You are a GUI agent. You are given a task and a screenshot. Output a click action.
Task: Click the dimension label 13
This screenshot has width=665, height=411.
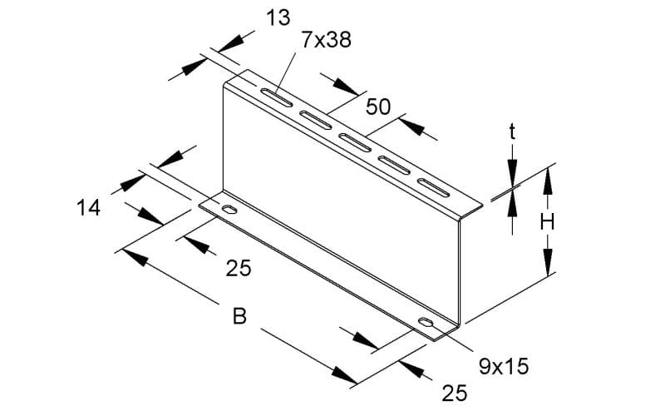pos(278,18)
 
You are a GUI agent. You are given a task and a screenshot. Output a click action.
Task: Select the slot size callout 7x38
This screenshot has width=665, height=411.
pos(327,40)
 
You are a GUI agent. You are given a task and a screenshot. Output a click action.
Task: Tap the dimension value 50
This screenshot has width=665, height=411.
pos(378,106)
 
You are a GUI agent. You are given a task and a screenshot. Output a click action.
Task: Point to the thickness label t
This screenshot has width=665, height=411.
pos(512,132)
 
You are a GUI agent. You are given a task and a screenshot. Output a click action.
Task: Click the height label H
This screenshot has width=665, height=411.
pos(548,222)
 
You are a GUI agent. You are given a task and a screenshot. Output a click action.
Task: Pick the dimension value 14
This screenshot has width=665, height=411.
pos(89,208)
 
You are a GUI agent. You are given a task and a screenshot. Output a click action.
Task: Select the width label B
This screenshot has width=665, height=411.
pos(239,316)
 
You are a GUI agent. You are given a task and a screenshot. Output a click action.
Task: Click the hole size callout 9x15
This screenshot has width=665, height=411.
pos(504,366)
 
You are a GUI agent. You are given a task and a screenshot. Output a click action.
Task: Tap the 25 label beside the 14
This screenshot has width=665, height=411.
pos(239,268)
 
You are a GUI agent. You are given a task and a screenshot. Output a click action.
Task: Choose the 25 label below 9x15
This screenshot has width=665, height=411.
pos(455,394)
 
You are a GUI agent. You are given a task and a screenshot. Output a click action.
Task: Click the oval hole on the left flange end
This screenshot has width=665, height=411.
pos(229,210)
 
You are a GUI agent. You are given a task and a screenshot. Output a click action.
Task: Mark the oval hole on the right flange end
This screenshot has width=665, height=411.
pos(426,322)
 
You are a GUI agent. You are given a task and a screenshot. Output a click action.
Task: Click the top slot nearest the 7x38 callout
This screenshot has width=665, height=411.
pos(276,97)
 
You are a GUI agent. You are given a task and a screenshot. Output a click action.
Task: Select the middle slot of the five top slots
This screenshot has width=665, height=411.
pos(355,141)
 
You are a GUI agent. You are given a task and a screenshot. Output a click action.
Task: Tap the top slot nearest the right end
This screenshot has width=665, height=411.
pos(433,188)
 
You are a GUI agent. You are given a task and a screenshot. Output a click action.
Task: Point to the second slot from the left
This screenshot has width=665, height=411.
pos(316,119)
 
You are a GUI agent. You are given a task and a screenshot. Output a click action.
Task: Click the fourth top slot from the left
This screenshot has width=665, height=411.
pos(394,165)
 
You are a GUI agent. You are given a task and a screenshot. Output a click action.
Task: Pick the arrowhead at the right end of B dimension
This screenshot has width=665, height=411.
pos(344,375)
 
